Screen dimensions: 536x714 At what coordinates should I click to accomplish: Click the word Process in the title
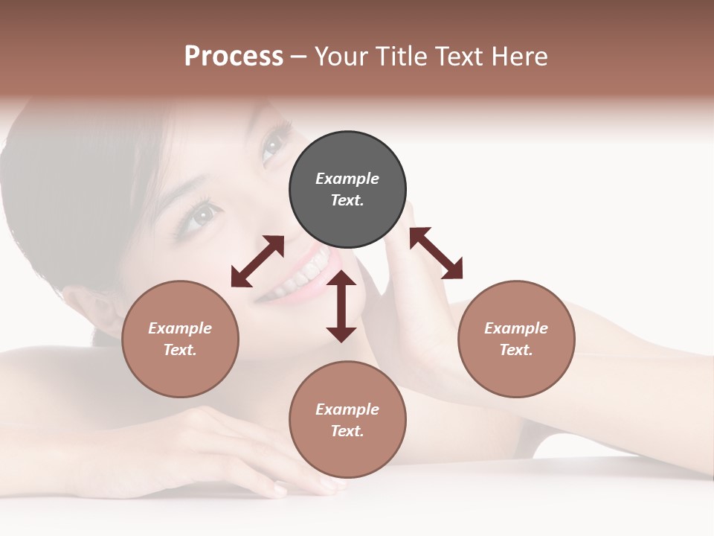pyautogui.click(x=234, y=57)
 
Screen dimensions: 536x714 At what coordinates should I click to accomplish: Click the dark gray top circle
pyautogui.click(x=347, y=189)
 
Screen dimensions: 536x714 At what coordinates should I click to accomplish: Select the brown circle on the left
pyautogui.click(x=180, y=339)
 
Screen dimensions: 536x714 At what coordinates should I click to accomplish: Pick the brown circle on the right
pyautogui.click(x=516, y=339)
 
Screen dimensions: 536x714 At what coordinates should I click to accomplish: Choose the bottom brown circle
pyautogui.click(x=347, y=419)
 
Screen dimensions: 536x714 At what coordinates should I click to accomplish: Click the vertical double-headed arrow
pyautogui.click(x=341, y=306)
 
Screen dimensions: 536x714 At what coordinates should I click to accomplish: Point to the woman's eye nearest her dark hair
pyautogui.click(x=199, y=217)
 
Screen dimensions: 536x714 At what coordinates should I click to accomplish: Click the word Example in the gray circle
pyautogui.click(x=347, y=179)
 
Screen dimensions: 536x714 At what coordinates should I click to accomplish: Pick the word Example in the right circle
pyautogui.click(x=516, y=328)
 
